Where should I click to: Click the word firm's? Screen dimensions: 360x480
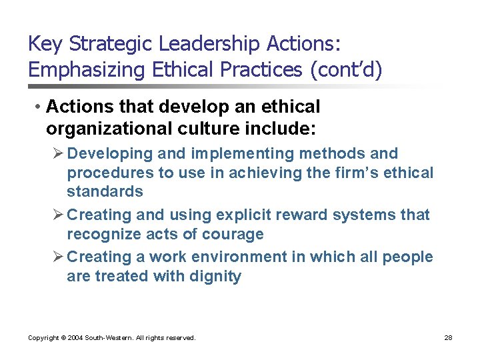tap(359, 173)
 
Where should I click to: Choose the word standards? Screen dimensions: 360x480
tap(105, 191)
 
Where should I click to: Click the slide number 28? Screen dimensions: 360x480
tap(449, 338)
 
